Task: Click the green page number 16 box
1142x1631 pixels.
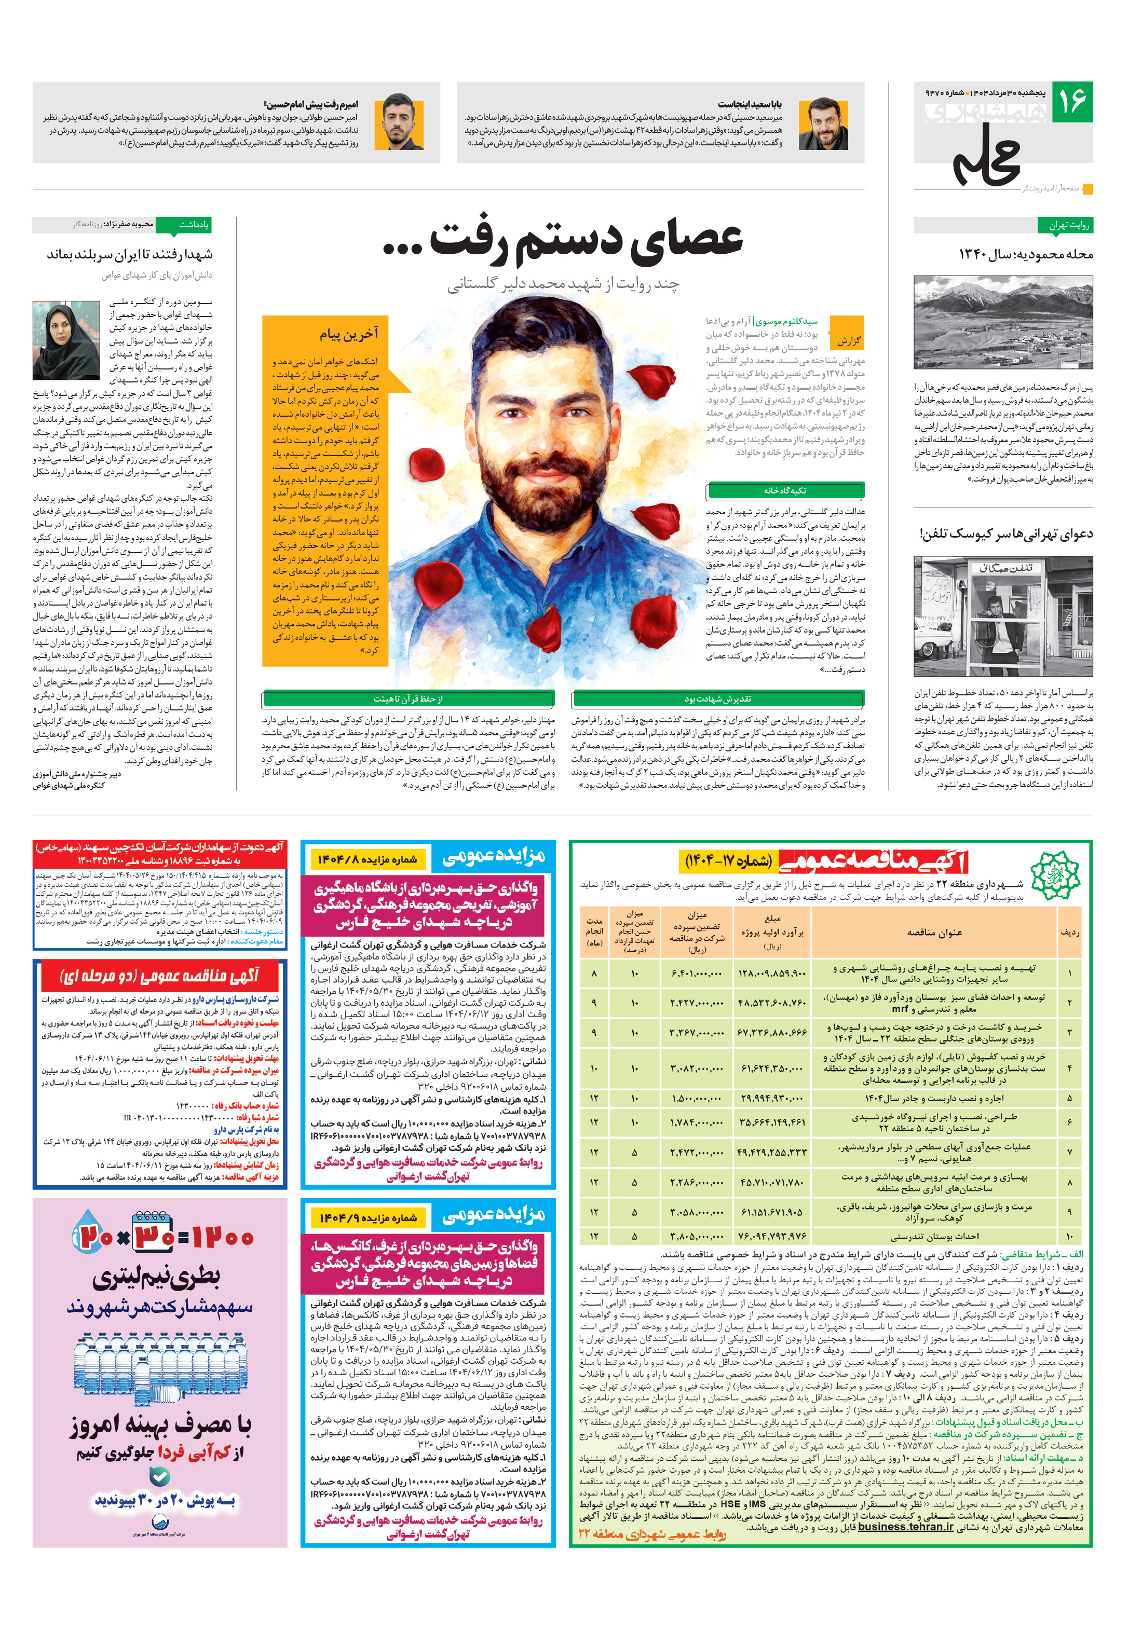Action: click(1071, 102)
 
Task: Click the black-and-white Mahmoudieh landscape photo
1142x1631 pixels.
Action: click(1003, 322)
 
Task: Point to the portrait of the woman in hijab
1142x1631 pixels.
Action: click(66, 340)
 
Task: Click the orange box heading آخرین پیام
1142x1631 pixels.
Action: click(348, 334)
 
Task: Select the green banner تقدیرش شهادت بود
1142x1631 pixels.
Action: click(718, 698)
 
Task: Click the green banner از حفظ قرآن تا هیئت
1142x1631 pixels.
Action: click(408, 698)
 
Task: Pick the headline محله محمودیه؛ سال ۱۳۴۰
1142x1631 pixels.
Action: click(1025, 254)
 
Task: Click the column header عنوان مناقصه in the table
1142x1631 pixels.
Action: click(934, 933)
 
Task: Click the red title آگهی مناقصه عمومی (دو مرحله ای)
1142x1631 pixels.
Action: click(160, 976)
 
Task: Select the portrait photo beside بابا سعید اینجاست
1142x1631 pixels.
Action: click(822, 125)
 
